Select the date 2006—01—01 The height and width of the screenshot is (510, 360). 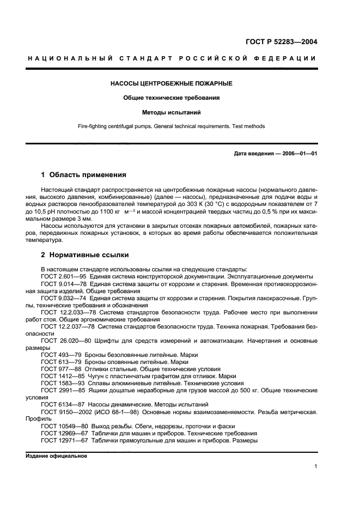pos(298,153)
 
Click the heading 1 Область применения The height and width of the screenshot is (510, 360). pos(84,175)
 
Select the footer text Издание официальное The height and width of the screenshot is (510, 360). pos(56,456)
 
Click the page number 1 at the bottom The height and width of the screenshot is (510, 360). pos(315,466)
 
